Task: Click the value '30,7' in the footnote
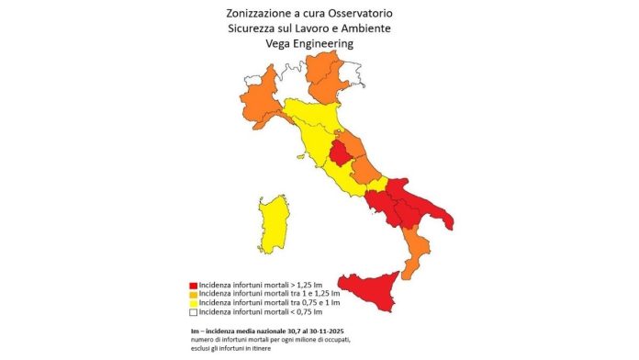tap(314, 330)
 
